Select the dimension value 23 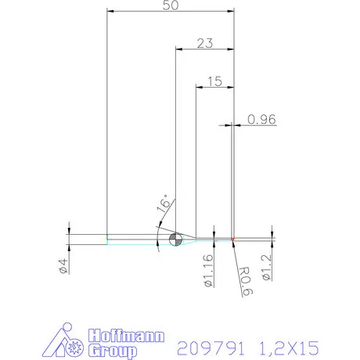[x=205, y=44]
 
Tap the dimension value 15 [x=215, y=81]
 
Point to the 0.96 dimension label [x=262, y=120]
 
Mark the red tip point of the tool [x=233, y=238]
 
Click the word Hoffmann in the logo [x=125, y=336]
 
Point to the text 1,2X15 [x=289, y=345]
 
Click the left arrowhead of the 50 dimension [x=110, y=12]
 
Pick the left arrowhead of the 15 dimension [x=199, y=88]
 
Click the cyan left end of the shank [x=108, y=239]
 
